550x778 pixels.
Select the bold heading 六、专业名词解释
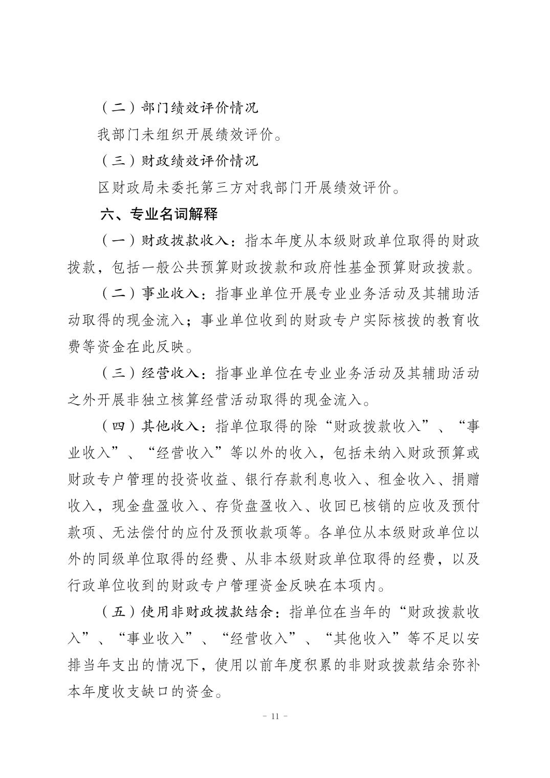tap(159, 214)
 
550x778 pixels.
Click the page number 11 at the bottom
tap(275, 716)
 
